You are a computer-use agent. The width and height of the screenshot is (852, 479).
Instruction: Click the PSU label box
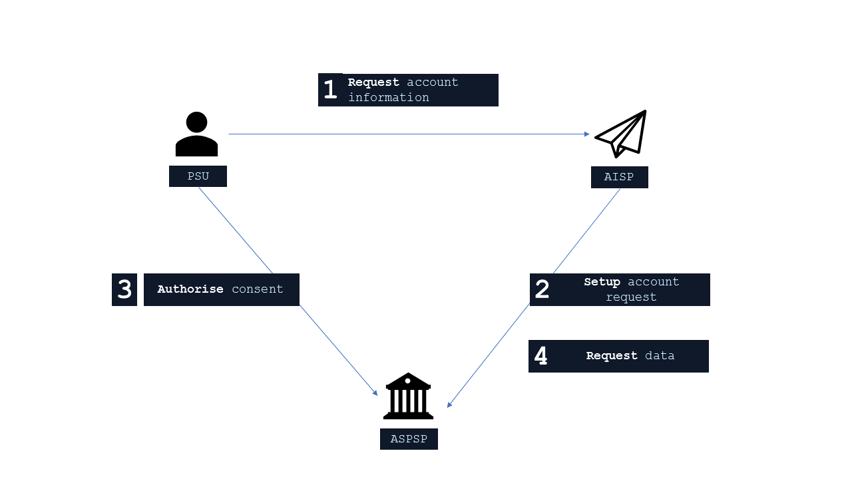pos(198,176)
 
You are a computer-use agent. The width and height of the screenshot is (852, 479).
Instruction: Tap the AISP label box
pos(619,178)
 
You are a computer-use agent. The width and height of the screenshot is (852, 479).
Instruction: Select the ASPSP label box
pos(409,439)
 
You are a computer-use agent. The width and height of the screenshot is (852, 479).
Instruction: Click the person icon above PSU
pos(196,134)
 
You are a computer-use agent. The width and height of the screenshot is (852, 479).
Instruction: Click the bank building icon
pos(408,396)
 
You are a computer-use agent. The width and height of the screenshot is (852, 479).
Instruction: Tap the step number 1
pos(330,90)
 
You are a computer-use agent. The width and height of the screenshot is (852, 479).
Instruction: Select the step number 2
pos(542,289)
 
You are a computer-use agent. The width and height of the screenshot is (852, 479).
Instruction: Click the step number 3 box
pos(124,289)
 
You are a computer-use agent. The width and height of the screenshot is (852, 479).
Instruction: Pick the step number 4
pos(541,356)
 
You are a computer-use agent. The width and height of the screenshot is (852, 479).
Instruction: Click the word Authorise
pos(190,289)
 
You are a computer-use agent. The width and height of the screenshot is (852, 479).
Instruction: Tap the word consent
pos(258,289)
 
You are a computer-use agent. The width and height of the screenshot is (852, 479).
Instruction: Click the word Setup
pos(602,282)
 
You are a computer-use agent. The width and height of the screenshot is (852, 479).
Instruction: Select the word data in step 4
pos(660,356)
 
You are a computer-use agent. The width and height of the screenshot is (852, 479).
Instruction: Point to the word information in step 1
pos(389,98)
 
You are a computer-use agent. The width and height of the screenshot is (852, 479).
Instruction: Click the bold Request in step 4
pos(612,356)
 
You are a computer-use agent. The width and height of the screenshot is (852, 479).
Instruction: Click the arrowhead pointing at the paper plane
pos(586,134)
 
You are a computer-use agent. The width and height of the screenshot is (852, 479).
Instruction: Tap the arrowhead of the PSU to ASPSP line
pos(375,393)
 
